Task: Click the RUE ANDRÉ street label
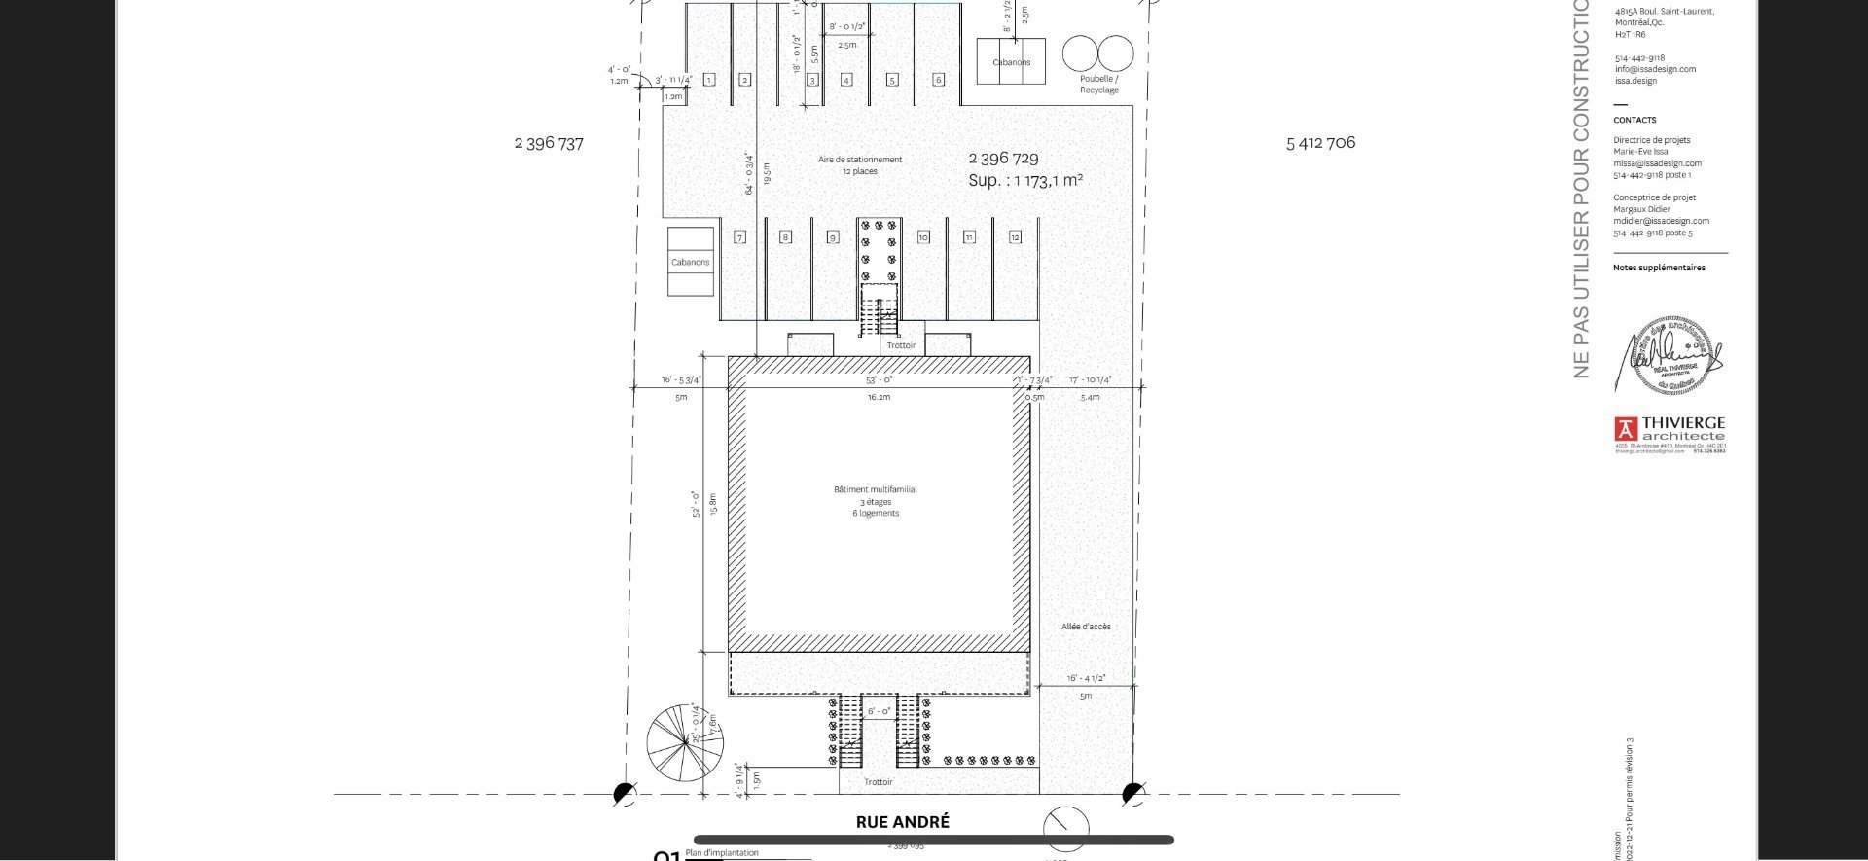point(902,822)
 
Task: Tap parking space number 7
point(740,237)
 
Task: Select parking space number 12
point(1015,237)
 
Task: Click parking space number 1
point(709,80)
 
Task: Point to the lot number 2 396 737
point(549,143)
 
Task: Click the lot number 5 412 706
point(1320,142)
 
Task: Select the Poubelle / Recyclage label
point(1098,85)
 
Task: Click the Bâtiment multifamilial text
point(875,489)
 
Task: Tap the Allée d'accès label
point(1086,627)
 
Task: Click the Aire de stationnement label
point(860,160)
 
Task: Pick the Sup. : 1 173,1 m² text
point(1025,180)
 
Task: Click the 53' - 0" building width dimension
point(879,380)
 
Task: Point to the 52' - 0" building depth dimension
point(696,504)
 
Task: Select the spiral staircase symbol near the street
point(685,741)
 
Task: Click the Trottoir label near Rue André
point(878,782)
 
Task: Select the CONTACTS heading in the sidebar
point(1634,120)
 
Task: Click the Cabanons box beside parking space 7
point(691,262)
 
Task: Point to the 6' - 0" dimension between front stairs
point(879,712)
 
